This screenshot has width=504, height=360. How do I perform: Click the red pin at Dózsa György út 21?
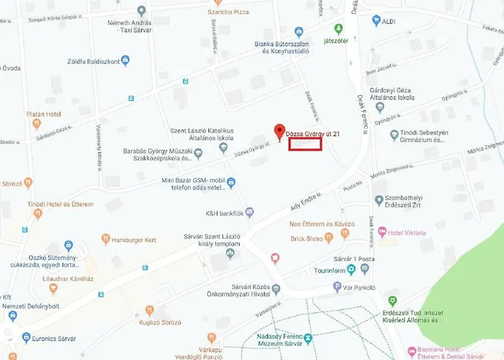click(x=279, y=131)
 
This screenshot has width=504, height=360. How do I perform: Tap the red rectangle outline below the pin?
click(x=305, y=144)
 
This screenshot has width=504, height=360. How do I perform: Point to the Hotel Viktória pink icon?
click(x=383, y=233)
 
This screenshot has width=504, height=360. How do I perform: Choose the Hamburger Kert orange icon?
click(x=105, y=239)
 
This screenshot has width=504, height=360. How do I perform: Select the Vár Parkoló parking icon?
click(x=336, y=287)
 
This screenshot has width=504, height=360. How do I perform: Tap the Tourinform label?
click(x=325, y=270)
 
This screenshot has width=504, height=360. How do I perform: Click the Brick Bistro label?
click(x=306, y=238)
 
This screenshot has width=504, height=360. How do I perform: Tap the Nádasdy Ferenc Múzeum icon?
click(x=307, y=338)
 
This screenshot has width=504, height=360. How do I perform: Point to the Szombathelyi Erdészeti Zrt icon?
click(x=379, y=199)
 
